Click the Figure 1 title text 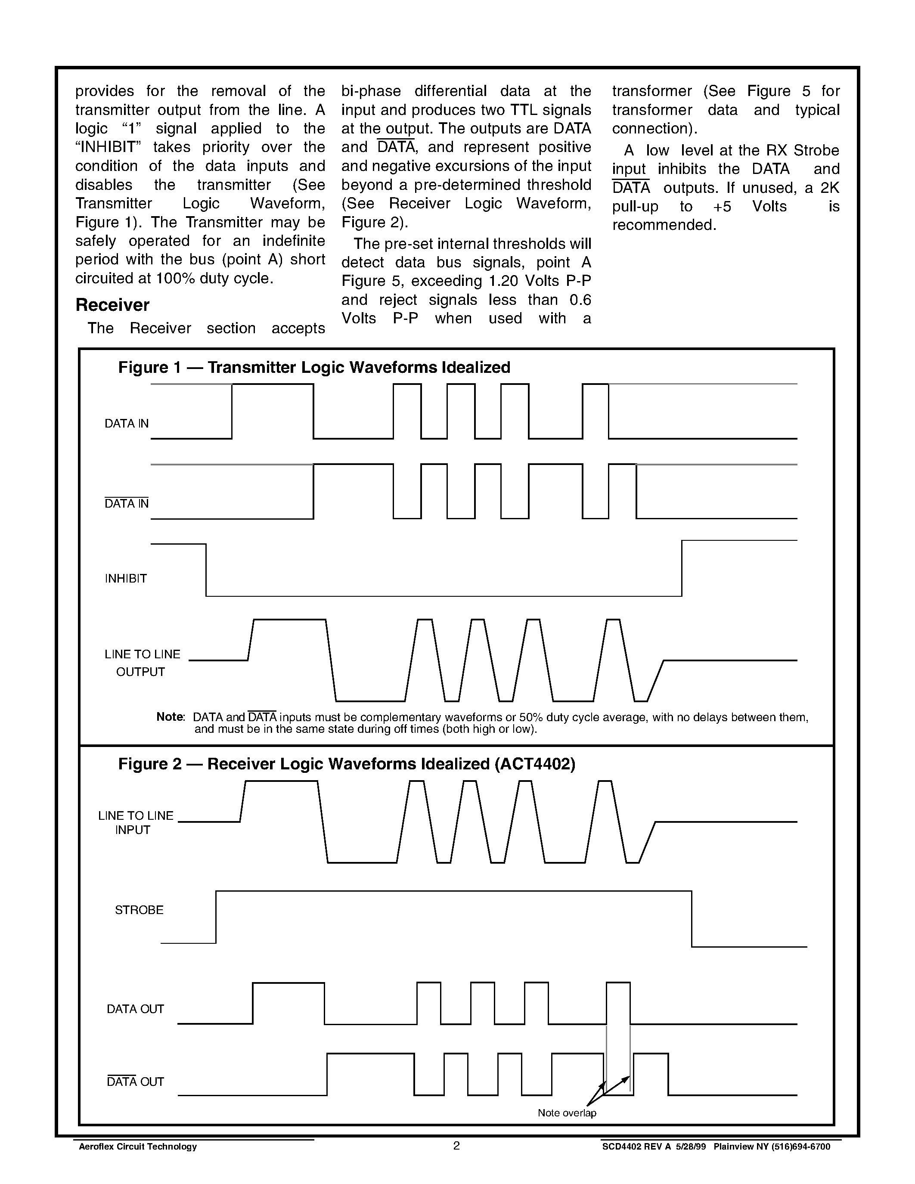coord(314,368)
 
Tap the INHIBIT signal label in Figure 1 coord(126,579)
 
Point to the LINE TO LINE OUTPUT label coord(142,663)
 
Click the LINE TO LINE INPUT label coord(136,822)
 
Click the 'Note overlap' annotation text coord(567,1113)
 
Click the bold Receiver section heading coord(112,305)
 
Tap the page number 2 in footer coord(456,1146)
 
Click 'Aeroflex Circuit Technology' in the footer coord(138,1147)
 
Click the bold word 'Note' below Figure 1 coord(170,717)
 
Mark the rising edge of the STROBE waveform coord(216,917)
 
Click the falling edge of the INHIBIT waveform coord(206,570)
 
